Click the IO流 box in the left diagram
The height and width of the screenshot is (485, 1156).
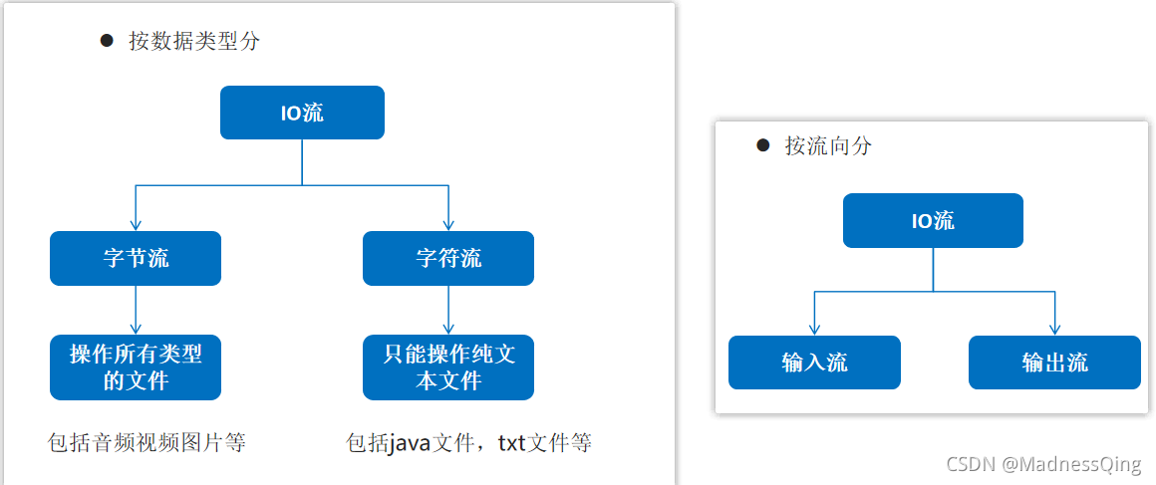pyautogui.click(x=302, y=113)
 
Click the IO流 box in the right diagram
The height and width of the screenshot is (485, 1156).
pyautogui.click(x=933, y=221)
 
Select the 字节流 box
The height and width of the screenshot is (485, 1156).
pyautogui.click(x=136, y=259)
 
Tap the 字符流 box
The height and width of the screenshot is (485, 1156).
pyautogui.click(x=448, y=259)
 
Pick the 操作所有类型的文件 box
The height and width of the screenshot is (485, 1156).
pyautogui.click(x=136, y=367)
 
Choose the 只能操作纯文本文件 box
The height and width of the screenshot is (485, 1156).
pyautogui.click(x=448, y=367)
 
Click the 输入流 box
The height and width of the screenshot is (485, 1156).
pyautogui.click(x=814, y=363)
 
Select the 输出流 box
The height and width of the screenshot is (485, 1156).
pyautogui.click(x=1054, y=363)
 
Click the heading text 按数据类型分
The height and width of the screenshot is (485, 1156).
pyautogui.click(x=194, y=41)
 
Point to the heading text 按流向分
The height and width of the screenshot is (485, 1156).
pyautogui.click(x=827, y=145)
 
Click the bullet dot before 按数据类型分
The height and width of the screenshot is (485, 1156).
pyautogui.click(x=107, y=41)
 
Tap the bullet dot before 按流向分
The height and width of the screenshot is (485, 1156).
pyautogui.click(x=763, y=145)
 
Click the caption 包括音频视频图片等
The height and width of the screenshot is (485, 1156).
pyautogui.click(x=146, y=442)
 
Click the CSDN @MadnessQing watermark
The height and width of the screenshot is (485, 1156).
pyautogui.click(x=1043, y=464)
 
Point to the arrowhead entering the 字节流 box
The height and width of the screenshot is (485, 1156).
pyautogui.click(x=136, y=225)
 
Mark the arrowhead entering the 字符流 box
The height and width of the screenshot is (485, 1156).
pyautogui.click(x=448, y=225)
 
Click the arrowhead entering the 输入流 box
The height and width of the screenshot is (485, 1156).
pyautogui.click(x=814, y=329)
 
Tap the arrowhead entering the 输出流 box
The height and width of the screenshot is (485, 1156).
pyautogui.click(x=1054, y=329)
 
